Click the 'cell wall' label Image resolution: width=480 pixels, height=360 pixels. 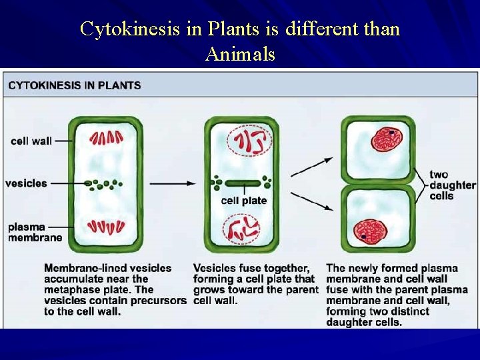point(31,141)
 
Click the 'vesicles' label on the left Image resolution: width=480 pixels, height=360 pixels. point(26,183)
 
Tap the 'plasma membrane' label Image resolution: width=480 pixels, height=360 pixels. point(35,232)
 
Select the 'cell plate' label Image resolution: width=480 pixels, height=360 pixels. point(243,201)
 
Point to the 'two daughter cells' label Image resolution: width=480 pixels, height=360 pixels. point(452,185)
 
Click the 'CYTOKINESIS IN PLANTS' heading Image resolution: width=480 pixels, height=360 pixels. point(75,85)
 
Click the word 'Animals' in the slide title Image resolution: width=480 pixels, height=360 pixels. point(240,54)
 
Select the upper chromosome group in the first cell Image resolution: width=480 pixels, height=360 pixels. point(107,138)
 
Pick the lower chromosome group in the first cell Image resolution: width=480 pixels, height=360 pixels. point(107,227)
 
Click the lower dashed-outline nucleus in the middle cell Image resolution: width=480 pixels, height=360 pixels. point(243,229)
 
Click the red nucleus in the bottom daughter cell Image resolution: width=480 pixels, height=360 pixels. point(368,231)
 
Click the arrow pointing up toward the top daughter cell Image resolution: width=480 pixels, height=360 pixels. point(312,166)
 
